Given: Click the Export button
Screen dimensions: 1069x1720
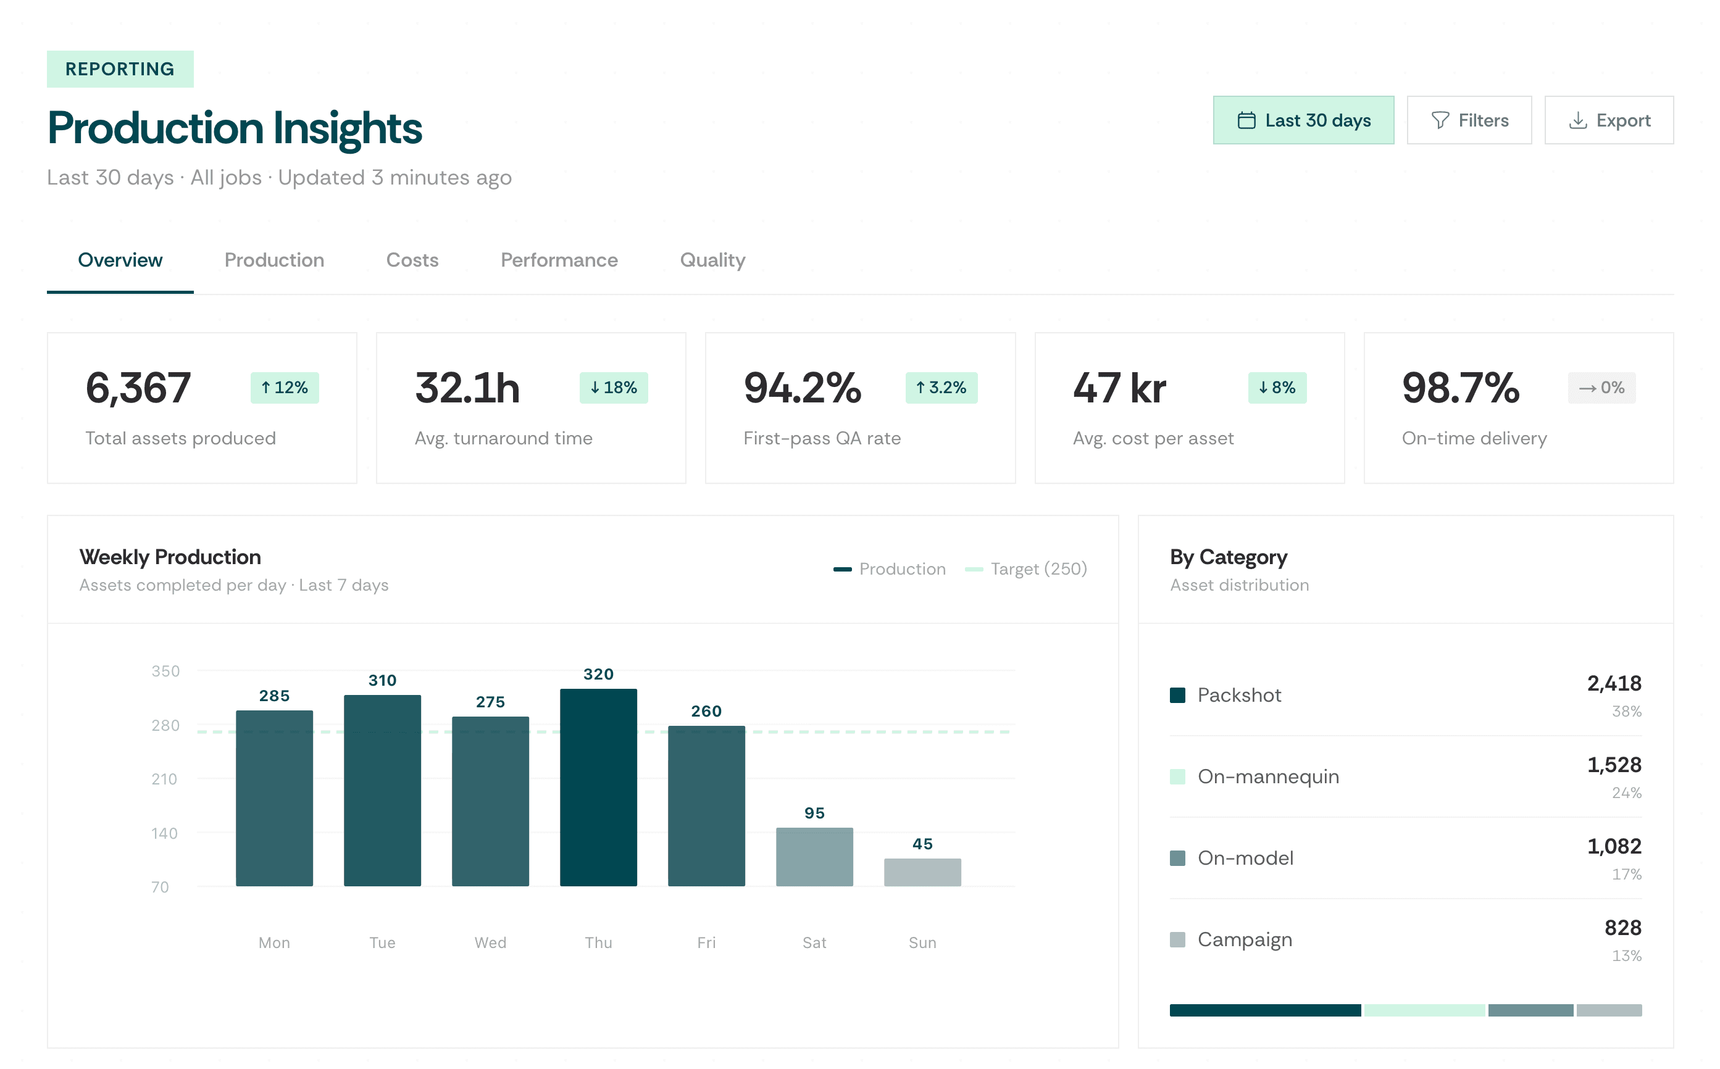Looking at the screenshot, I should click(1608, 120).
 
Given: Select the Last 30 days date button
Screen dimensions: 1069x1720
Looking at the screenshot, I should click(1303, 120).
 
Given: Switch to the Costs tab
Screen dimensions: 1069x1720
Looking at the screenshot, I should click(412, 260).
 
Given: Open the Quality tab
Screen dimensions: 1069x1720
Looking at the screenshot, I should click(712, 260).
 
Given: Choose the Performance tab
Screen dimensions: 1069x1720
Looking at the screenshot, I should click(559, 260).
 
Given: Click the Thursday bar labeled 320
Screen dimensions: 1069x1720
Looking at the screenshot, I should click(598, 786).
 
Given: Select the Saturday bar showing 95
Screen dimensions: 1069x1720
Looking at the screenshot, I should click(814, 856).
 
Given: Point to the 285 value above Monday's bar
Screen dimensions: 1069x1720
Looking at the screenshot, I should click(274, 696).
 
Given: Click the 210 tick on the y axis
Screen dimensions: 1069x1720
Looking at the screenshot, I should click(164, 779).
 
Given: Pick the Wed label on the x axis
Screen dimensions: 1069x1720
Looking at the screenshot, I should click(490, 942).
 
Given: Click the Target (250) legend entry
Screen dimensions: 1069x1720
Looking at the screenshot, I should click(1025, 569).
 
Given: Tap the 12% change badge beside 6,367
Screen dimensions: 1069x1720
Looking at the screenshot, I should click(285, 388).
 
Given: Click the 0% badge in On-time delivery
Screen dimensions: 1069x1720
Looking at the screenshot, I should click(1601, 388).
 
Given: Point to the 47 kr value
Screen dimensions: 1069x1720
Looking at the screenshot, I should click(1119, 388).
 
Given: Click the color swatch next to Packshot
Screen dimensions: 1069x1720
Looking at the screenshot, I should click(1177, 695).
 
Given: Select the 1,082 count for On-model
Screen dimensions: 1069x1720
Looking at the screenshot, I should click(1614, 846).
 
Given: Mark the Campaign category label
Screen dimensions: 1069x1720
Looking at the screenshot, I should click(1245, 939).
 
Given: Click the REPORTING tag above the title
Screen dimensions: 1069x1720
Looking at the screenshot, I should click(120, 69).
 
